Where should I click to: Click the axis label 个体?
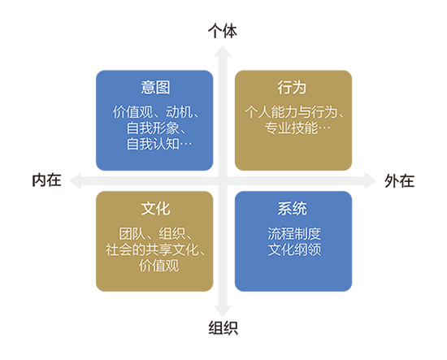point(223,31)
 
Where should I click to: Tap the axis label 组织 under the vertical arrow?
point(223,327)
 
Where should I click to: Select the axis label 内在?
point(47,180)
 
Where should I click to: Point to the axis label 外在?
point(399,180)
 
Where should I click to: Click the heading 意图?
point(155,87)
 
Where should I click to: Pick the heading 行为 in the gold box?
point(293,87)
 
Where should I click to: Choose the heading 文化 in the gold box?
point(155,208)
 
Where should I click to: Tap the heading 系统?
point(293,208)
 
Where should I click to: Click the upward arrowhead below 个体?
point(223,50)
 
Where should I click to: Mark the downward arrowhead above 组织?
point(223,311)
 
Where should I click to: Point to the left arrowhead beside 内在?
point(76,180)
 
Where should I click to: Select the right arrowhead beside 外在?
point(370,180)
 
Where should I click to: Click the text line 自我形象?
point(153,128)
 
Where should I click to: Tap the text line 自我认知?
point(153,144)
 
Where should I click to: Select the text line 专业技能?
point(291,128)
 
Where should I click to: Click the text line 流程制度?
point(294,233)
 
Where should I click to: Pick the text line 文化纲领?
point(294,249)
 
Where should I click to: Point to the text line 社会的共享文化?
point(152,249)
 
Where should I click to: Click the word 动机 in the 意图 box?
point(180,111)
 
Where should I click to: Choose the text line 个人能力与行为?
point(291,111)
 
